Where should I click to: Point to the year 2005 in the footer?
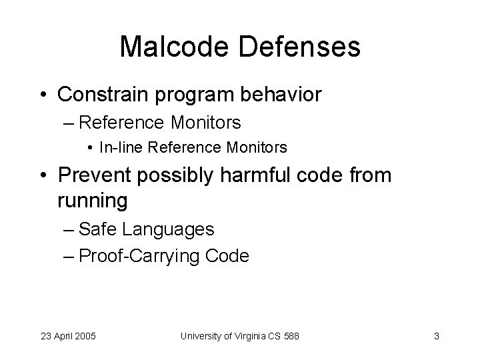pos(85,336)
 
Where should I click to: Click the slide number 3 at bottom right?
pos(436,336)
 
